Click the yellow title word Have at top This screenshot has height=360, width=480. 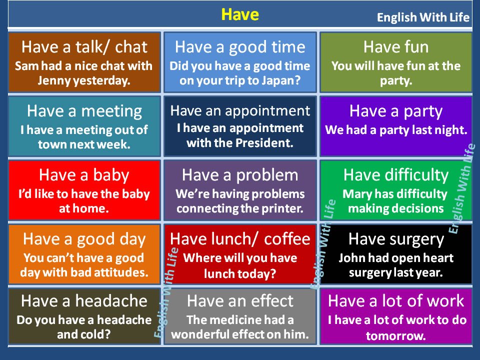[240, 14]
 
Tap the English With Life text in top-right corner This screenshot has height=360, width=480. [423, 18]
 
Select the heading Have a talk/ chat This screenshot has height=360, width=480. [84, 47]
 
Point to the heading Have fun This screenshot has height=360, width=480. [395, 47]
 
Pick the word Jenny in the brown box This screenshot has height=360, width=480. [55, 80]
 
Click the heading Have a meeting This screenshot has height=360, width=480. [84, 111]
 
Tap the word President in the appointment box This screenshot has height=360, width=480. [270, 142]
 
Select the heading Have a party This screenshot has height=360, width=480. [395, 111]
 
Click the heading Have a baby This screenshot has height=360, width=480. [84, 175]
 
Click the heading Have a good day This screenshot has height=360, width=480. [84, 239]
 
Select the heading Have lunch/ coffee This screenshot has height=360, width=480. [240, 239]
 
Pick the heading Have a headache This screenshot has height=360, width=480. [84, 301]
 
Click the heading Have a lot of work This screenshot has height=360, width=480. [395, 301]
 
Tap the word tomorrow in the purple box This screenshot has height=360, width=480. [395, 336]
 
